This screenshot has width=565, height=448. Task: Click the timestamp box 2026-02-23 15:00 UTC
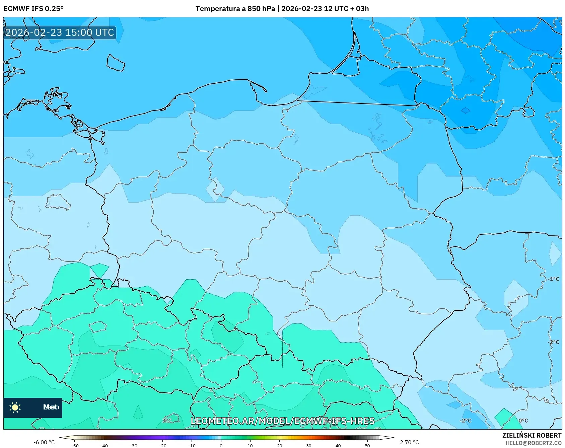(x=60, y=32)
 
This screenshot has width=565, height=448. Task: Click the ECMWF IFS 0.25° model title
(x=33, y=9)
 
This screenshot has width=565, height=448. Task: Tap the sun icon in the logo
(x=15, y=407)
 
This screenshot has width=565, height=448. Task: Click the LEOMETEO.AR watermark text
(x=282, y=421)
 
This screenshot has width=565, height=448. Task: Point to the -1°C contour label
(x=553, y=279)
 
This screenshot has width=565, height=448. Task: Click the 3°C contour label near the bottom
(x=167, y=421)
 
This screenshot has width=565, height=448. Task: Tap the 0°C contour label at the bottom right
(x=523, y=421)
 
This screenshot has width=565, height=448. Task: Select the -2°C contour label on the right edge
(x=553, y=342)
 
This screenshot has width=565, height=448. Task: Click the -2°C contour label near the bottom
(x=465, y=421)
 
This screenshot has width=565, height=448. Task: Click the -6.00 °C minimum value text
(x=44, y=442)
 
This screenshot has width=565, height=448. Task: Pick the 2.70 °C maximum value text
(x=409, y=442)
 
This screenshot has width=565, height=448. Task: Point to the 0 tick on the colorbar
(x=221, y=445)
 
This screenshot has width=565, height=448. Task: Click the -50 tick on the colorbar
(x=75, y=445)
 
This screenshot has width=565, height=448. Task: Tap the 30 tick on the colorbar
(x=308, y=445)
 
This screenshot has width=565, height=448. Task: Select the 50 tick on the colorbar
(x=367, y=445)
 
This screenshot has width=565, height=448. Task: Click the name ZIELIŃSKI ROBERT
(x=532, y=435)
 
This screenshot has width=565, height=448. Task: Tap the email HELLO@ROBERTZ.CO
(x=533, y=443)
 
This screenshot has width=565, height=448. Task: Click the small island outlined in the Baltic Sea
(x=116, y=63)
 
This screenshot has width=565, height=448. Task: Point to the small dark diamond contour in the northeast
(x=465, y=110)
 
